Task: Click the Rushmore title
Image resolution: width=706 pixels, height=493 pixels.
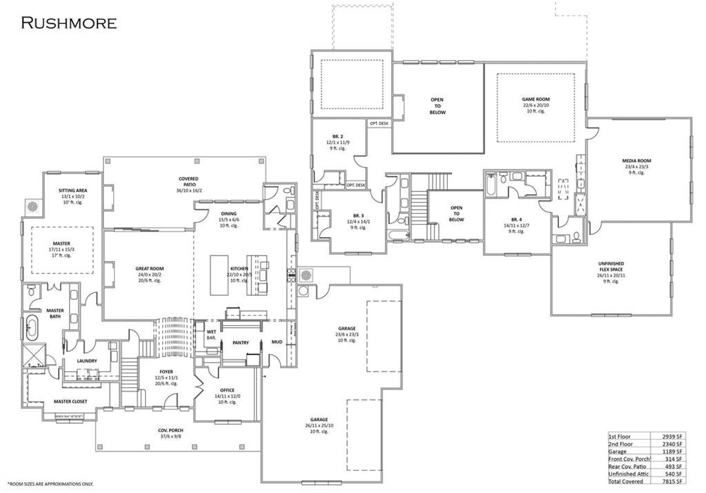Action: [x=69, y=23]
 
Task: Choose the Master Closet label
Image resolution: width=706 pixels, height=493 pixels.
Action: [x=70, y=401]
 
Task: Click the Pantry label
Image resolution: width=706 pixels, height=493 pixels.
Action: [x=240, y=343]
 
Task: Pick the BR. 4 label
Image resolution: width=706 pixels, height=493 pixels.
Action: [x=514, y=221]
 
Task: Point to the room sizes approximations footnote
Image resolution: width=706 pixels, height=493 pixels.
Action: [x=47, y=483]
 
